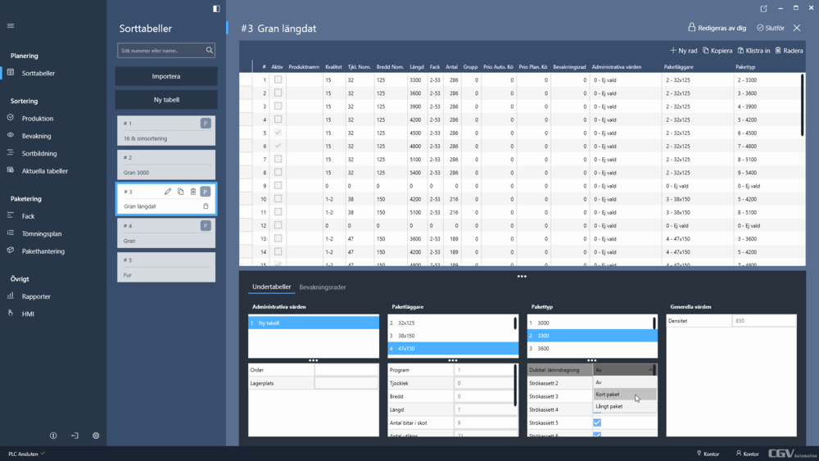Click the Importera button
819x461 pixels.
(x=166, y=76)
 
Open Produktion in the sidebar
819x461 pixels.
(x=38, y=119)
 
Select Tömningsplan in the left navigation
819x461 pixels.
(x=41, y=233)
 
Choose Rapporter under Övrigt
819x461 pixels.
(x=36, y=296)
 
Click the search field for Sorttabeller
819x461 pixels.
(x=161, y=51)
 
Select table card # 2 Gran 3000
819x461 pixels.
(x=166, y=165)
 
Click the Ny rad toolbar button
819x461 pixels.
(x=683, y=50)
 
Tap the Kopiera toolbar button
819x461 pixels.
(x=717, y=50)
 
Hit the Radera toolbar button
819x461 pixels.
(x=789, y=50)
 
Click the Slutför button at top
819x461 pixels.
(x=771, y=28)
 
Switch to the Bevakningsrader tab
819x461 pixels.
(x=323, y=287)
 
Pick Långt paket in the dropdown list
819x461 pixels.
(x=609, y=406)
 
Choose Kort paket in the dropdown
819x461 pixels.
(x=608, y=394)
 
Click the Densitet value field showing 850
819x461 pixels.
(x=763, y=321)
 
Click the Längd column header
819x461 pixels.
(x=417, y=66)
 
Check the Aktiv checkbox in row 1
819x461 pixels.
(x=278, y=80)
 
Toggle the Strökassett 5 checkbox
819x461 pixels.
(x=597, y=423)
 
